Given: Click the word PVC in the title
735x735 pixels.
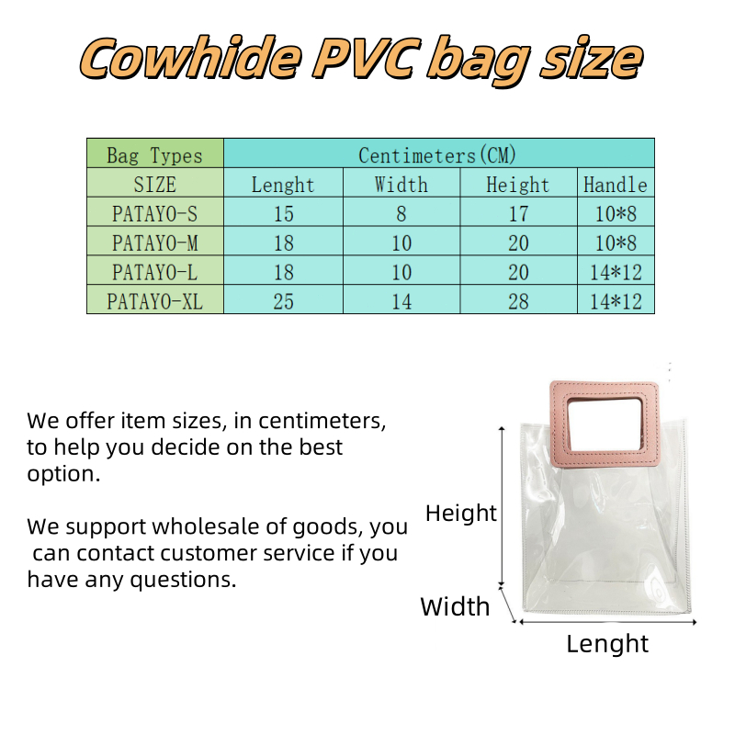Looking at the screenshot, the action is pyautogui.click(x=364, y=58).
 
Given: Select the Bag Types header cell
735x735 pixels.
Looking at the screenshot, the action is pyautogui.click(x=155, y=153).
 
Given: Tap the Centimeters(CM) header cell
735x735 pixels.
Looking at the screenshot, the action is pyautogui.click(x=439, y=153).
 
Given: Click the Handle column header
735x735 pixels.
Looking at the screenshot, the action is pyautogui.click(x=616, y=183).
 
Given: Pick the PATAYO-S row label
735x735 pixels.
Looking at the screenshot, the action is pyautogui.click(x=155, y=212).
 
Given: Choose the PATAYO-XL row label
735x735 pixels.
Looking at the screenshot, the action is pyautogui.click(x=155, y=300).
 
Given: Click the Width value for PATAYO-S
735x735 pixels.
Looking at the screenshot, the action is pyautogui.click(x=401, y=212).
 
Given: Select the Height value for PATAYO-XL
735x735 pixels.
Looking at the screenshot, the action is pyautogui.click(x=518, y=300).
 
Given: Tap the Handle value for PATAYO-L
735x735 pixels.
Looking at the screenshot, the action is pyautogui.click(x=616, y=270).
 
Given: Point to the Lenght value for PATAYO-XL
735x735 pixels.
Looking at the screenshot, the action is pyautogui.click(x=284, y=300).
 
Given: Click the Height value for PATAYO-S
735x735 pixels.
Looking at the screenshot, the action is pyautogui.click(x=518, y=212).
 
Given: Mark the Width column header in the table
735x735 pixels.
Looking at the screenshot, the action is pyautogui.click(x=401, y=183).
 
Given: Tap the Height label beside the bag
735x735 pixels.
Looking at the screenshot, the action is pyautogui.click(x=461, y=513).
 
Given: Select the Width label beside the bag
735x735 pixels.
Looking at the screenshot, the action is pyautogui.click(x=455, y=606).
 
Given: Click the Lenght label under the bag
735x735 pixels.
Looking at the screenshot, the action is pyautogui.click(x=607, y=644).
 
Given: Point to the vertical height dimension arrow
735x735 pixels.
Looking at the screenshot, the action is pyautogui.click(x=502, y=506).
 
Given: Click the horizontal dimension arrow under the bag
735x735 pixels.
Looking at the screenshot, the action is pyautogui.click(x=608, y=622).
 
